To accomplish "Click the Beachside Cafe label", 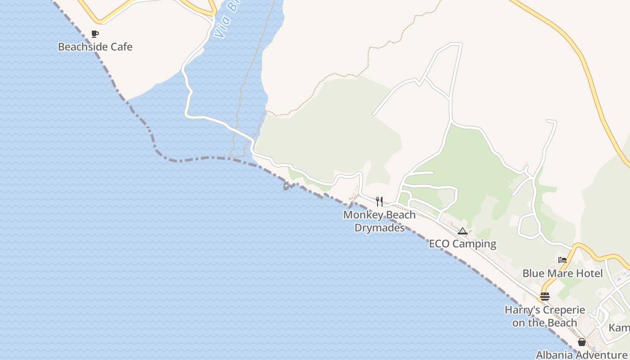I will (95, 47).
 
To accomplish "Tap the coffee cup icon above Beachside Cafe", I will (94, 34).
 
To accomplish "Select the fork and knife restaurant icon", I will (379, 201).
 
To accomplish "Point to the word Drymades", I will (380, 228).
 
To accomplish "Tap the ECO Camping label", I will (462, 244).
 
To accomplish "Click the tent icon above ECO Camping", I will (462, 231).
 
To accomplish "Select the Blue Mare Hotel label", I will (562, 273).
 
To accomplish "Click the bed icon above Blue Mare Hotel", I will (562, 260).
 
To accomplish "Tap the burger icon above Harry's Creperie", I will (544, 297).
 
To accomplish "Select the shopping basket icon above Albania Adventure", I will (581, 342).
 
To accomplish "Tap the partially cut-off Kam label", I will (619, 328).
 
